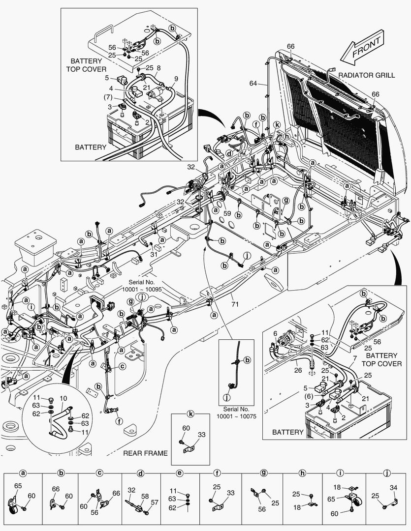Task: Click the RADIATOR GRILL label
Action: pyautogui.click(x=367, y=75)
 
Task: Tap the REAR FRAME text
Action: pyautogui.click(x=145, y=453)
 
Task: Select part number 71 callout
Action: pyautogui.click(x=235, y=304)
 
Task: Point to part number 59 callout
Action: pyautogui.click(x=227, y=214)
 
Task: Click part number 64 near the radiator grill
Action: pyautogui.click(x=253, y=83)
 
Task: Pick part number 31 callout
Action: pyautogui.click(x=154, y=254)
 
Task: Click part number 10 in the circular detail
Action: pyautogui.click(x=63, y=398)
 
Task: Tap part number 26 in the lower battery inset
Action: pyautogui.click(x=298, y=370)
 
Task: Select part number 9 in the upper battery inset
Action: pyautogui.click(x=176, y=79)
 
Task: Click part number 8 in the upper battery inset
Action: pyautogui.click(x=158, y=68)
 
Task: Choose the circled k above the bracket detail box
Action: pyautogui.click(x=191, y=414)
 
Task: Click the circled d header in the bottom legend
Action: pyautogui.click(x=141, y=473)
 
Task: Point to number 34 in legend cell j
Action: pyautogui.click(x=393, y=488)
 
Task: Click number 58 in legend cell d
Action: pyautogui.click(x=145, y=497)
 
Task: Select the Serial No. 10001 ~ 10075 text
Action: pyautogui.click(x=236, y=413)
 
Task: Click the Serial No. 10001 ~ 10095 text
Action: pyautogui.click(x=142, y=286)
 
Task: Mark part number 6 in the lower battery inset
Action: pyautogui.click(x=275, y=333)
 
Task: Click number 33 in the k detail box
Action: pyautogui.click(x=202, y=435)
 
